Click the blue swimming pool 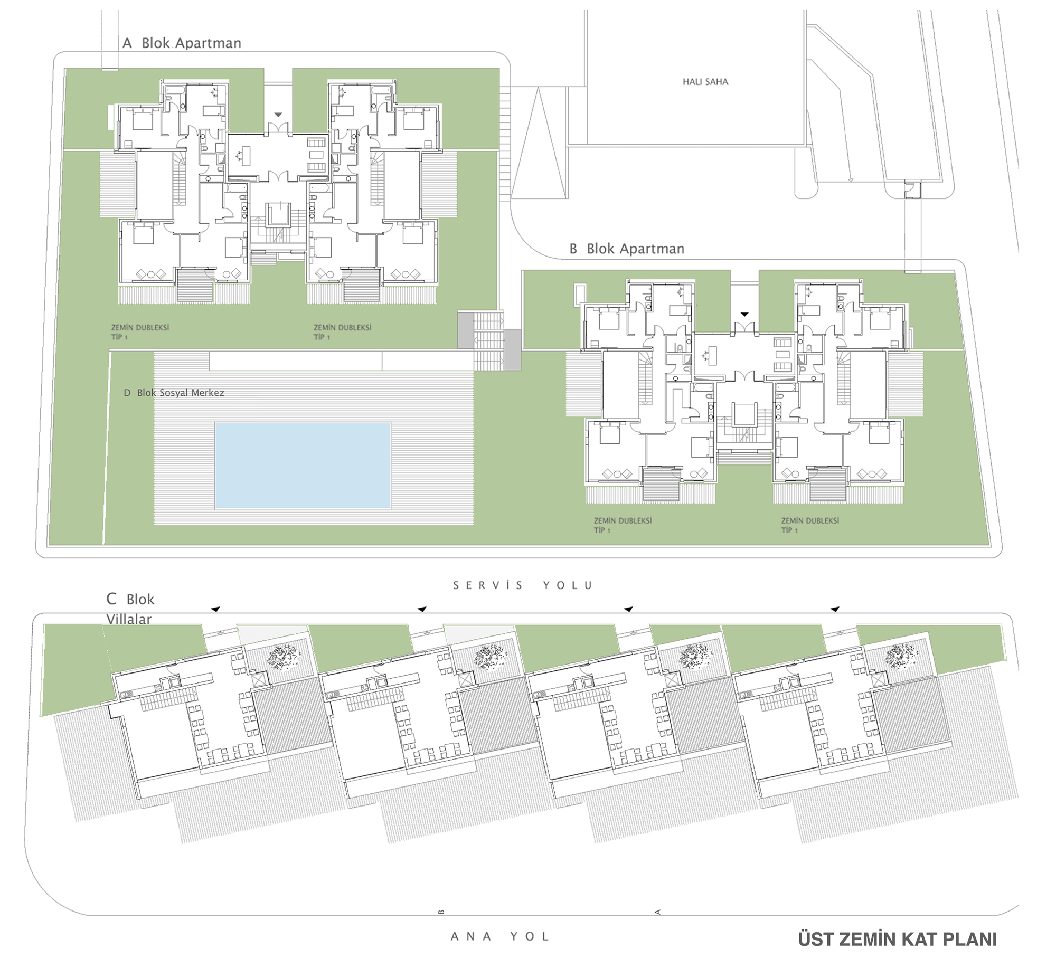click(303, 465)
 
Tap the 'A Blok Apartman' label click(182, 43)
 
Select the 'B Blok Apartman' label click(627, 249)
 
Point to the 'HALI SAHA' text click(705, 81)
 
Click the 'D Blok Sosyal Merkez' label click(174, 393)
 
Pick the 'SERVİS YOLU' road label click(523, 585)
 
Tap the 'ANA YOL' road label click(500, 937)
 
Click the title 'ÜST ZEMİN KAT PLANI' click(898, 940)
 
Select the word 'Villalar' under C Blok click(129, 619)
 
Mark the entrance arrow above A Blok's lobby click(278, 115)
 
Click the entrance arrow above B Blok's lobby click(744, 315)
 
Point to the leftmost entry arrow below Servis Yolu click(215, 610)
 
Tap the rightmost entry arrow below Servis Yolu click(834, 610)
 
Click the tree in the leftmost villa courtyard click(284, 657)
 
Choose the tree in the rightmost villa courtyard click(902, 657)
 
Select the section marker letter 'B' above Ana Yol click(441, 912)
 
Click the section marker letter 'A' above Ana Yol click(658, 912)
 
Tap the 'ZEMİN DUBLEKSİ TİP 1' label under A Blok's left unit click(139, 332)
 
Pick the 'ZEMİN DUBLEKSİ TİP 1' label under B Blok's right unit click(810, 525)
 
